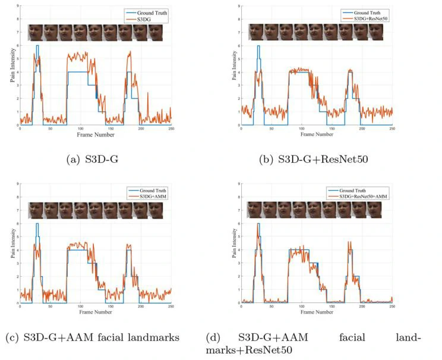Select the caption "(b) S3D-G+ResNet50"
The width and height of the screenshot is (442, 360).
click(x=318, y=160)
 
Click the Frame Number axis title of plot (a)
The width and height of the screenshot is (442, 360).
click(x=94, y=134)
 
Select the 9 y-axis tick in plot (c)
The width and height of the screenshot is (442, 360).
click(x=17, y=183)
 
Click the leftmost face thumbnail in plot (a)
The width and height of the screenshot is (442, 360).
click(x=34, y=32)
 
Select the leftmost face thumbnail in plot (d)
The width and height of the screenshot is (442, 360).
click(x=255, y=210)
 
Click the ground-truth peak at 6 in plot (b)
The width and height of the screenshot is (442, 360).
click(x=258, y=46)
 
